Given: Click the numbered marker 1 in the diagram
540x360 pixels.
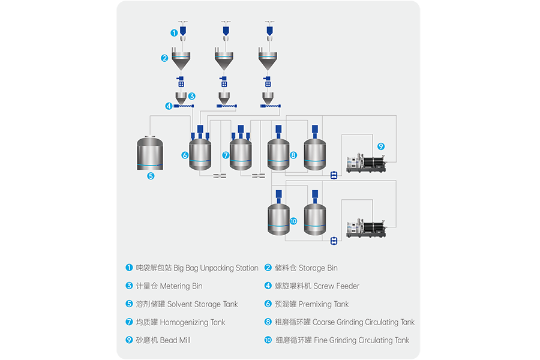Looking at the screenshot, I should [x=174, y=32].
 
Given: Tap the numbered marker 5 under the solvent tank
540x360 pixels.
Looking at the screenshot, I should [x=151, y=176].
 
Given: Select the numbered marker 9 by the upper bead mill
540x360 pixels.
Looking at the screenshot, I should [x=380, y=146].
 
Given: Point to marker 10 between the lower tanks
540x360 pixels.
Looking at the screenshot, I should [x=293, y=221].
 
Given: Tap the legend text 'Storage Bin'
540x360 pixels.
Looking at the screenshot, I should [x=318, y=268].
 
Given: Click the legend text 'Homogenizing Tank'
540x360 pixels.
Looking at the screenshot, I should [x=193, y=322].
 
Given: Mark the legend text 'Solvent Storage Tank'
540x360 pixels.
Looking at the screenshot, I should [x=202, y=304].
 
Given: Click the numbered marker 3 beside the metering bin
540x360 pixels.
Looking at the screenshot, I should [x=192, y=95].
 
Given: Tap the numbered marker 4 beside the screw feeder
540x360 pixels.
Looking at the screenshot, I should [x=169, y=106].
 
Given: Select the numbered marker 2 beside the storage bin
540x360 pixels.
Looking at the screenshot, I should [x=164, y=58].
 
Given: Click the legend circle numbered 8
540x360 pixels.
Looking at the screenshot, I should [x=268, y=322].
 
